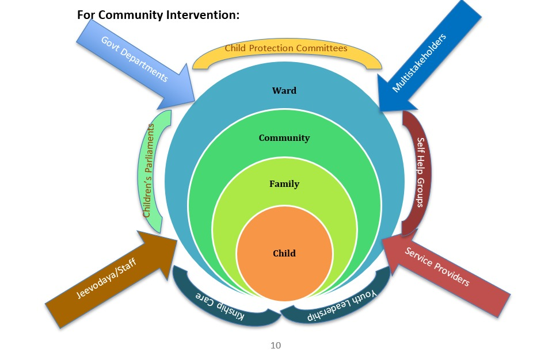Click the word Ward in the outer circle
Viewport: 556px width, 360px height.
coord(284,90)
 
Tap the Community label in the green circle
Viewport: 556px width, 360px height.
coord(284,138)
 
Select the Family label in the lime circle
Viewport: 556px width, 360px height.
coord(284,184)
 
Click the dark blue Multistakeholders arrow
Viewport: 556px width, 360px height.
coord(426,58)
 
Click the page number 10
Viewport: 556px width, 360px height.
coord(276,345)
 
